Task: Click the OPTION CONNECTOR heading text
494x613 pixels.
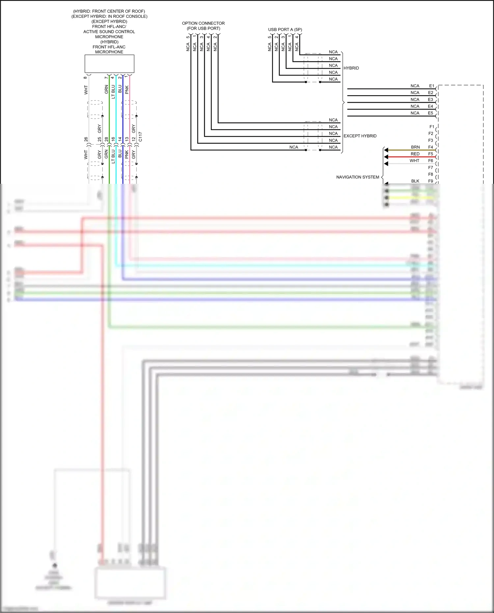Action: (203, 23)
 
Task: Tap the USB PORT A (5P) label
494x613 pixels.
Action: (285, 30)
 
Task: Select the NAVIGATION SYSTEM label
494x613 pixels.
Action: (357, 177)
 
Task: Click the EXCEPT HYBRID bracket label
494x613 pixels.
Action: (360, 136)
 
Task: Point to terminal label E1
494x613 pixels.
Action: (431, 86)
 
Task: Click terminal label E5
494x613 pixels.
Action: (430, 113)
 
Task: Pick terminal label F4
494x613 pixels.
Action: (430, 147)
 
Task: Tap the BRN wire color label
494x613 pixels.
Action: (415, 147)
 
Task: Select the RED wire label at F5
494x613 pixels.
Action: (415, 154)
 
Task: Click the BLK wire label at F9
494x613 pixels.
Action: (415, 181)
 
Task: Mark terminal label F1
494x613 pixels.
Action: (431, 127)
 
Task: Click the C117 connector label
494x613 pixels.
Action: (141, 137)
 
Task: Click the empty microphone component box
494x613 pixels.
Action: (109, 64)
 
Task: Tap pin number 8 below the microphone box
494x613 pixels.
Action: (86, 78)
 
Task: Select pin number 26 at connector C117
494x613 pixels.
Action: (86, 139)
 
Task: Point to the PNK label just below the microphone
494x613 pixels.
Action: (127, 90)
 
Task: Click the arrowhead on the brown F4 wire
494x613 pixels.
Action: (386, 150)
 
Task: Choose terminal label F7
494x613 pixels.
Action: (430, 168)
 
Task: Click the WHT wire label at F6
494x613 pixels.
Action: (414, 161)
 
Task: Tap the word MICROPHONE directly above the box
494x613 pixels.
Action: (109, 52)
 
